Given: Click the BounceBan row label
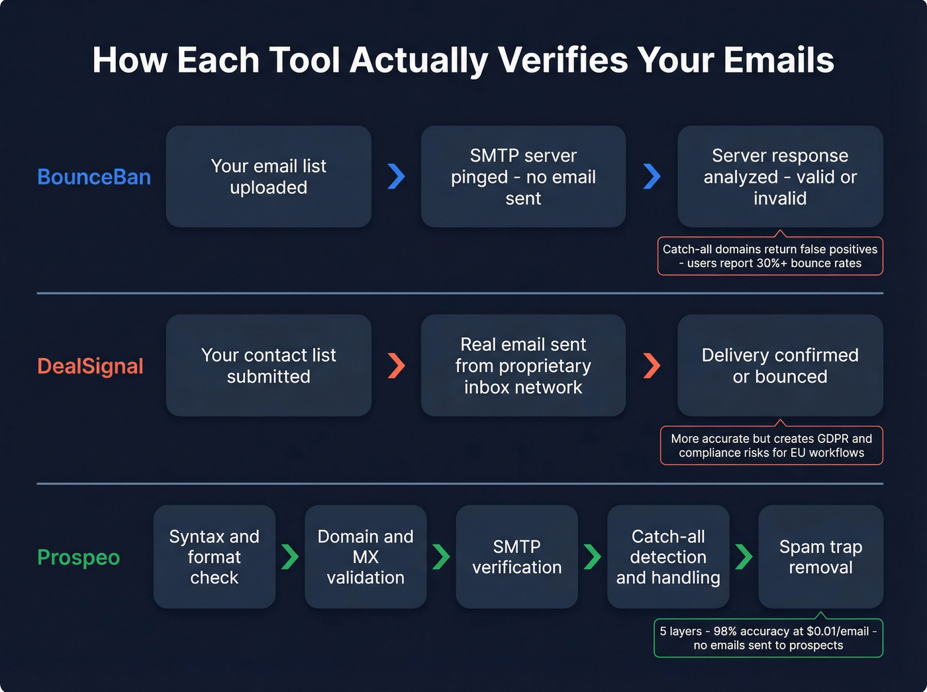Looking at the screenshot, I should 94,177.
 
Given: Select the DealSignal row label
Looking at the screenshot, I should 90,366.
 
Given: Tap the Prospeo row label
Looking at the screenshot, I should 78,557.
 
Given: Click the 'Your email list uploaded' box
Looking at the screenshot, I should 268,177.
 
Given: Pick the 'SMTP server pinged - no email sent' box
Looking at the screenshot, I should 523,177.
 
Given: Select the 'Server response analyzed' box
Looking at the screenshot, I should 780,177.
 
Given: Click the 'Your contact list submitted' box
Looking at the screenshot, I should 268,366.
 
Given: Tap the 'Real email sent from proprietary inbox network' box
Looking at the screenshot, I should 523,366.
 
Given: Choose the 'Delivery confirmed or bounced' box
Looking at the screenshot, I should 780,366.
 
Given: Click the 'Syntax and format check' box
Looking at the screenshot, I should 214,557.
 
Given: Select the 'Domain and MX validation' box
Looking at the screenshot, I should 366,557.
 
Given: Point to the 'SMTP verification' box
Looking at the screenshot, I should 516,557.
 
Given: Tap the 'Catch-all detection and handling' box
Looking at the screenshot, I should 668,557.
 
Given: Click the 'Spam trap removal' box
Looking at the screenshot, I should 820,557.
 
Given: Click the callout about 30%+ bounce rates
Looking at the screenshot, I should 770,256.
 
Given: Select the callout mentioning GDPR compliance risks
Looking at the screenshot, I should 771,446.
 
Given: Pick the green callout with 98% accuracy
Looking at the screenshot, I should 768,638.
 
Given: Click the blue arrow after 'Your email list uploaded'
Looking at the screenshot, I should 396,176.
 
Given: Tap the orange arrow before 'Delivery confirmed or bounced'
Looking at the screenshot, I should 652,365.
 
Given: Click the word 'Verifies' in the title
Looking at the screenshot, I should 563,60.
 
